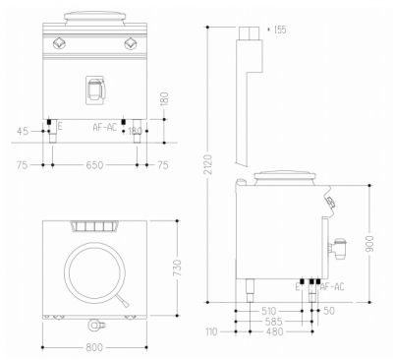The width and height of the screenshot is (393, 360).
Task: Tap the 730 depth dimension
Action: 177,270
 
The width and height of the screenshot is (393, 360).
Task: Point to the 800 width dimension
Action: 96,349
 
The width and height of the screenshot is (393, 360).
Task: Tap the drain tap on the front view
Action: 95,89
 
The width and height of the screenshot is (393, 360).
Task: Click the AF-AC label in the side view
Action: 332,287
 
